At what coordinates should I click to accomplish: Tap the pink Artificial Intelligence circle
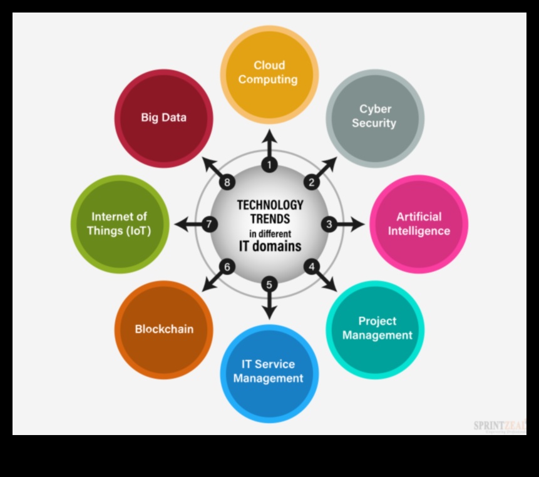tap(419, 224)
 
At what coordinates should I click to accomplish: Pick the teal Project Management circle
tap(375, 329)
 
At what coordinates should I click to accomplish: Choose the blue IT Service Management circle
tap(269, 372)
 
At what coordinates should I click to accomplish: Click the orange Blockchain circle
tap(164, 329)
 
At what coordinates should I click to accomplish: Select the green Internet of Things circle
tap(120, 224)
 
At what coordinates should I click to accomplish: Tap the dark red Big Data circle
tap(163, 118)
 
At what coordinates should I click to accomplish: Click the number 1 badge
tap(269, 165)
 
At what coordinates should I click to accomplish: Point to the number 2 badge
tap(311, 183)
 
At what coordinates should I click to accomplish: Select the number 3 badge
tap(329, 224)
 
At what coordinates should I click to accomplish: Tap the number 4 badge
tap(311, 266)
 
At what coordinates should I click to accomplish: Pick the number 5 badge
tap(269, 284)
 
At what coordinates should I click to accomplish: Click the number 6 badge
tap(227, 267)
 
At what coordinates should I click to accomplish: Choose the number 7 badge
tap(210, 224)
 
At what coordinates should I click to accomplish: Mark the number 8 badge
tap(227, 183)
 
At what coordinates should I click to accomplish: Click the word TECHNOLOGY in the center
tap(270, 205)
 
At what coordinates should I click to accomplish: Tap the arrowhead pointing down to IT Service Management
tap(269, 313)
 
